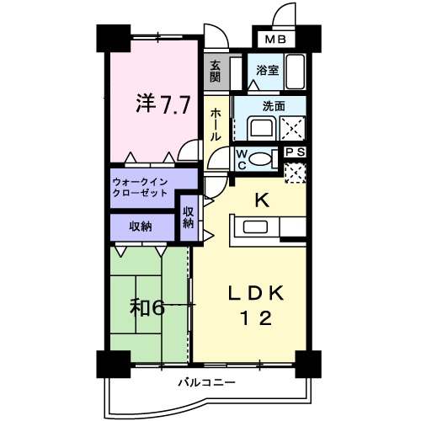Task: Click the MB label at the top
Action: click(277, 39)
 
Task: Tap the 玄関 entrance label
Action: click(216, 72)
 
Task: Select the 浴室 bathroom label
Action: click(268, 72)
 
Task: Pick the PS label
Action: click(294, 152)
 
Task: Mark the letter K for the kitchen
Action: click(261, 200)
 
